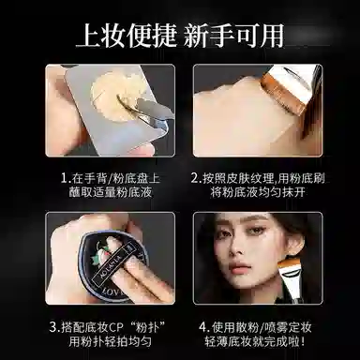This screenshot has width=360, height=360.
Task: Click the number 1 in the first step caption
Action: (64, 179)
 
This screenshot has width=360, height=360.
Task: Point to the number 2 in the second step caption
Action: (195, 179)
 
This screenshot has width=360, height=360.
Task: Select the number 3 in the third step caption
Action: (53, 328)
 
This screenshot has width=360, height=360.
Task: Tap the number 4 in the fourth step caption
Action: (202, 328)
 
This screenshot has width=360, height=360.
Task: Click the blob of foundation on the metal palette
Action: (117, 97)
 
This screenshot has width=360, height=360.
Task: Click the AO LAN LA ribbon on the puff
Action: (114, 257)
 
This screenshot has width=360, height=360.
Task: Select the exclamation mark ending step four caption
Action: (302, 341)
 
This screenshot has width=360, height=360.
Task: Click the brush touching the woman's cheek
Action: (289, 275)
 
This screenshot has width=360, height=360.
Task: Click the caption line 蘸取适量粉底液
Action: (111, 192)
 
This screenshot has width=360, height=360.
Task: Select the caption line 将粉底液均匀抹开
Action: (258, 192)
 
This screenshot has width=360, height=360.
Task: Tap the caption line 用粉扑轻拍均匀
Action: (111, 341)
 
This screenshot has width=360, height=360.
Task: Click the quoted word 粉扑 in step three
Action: (146, 328)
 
